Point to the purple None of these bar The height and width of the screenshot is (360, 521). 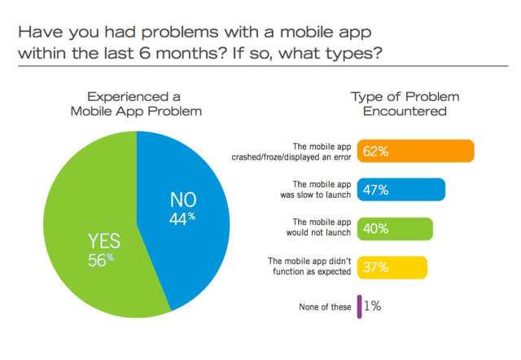[359, 306]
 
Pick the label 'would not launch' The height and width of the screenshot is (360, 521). [323, 235]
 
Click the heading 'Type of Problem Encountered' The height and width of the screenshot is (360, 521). [399, 103]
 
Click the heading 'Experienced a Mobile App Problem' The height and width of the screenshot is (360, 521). [137, 103]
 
